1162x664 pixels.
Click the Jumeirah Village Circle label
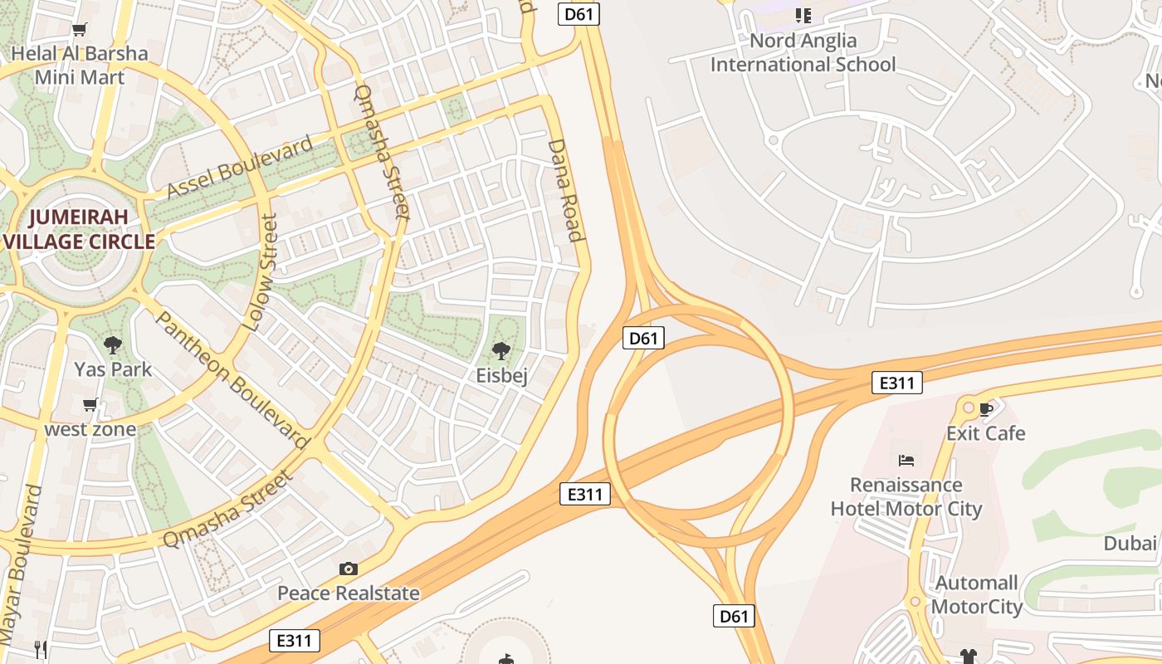click(80, 229)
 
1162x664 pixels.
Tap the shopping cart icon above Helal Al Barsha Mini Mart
click(80, 31)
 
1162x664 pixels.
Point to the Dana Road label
click(565, 190)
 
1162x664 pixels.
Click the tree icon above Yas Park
click(113, 345)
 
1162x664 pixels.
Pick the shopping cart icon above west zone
click(90, 405)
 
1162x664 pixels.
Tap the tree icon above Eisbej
click(501, 351)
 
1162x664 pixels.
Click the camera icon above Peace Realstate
click(349, 569)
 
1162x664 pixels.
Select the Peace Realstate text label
click(348, 593)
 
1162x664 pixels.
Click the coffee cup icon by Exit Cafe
click(986, 409)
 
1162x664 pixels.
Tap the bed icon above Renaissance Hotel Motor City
click(906, 460)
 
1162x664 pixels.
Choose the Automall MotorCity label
click(976, 594)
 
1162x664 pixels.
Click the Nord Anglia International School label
click(803, 52)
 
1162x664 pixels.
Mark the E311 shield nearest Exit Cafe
click(897, 383)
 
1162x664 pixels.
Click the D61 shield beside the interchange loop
click(643, 338)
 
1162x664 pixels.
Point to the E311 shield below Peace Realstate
click(295, 640)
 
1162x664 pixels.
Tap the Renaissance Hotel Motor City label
click(906, 496)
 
